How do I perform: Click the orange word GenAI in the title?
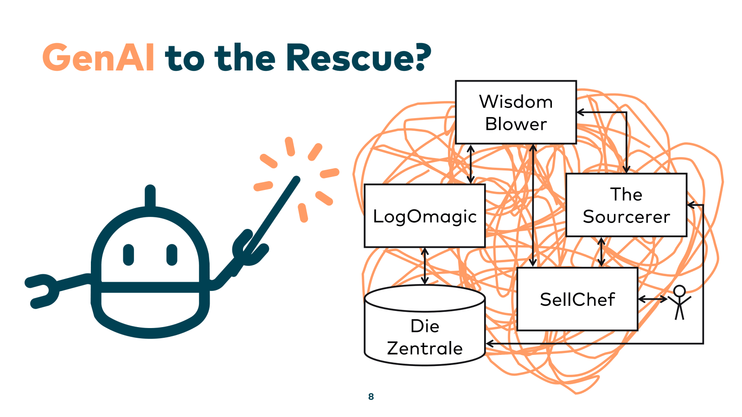[98, 58]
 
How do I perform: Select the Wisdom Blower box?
[516, 113]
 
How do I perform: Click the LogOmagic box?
[424, 216]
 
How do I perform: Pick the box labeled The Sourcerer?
[626, 205]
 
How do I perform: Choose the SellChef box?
[577, 299]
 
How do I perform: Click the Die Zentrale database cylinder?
[424, 331]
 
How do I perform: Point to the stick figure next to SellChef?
[679, 302]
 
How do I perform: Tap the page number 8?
[371, 397]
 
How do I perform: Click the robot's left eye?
[128, 255]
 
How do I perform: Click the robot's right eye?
[172, 255]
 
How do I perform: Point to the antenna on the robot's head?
[150, 197]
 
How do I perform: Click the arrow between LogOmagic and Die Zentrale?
[425, 266]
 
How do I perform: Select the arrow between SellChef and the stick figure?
[653, 299]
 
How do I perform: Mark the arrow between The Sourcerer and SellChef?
[601, 252]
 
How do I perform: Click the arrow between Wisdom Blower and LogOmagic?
[471, 164]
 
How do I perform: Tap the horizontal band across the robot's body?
[150, 287]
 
